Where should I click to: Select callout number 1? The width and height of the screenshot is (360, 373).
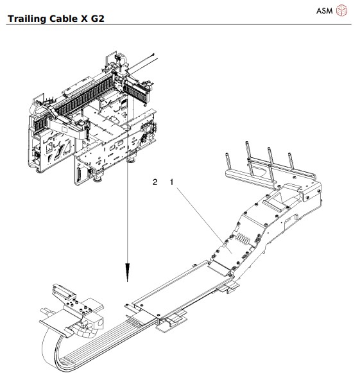pos(171,182)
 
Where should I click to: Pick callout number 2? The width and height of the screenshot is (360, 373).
pos(155,182)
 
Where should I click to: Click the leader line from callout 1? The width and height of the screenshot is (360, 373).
pos(199,212)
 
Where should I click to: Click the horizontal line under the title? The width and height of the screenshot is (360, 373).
pos(180,25)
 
